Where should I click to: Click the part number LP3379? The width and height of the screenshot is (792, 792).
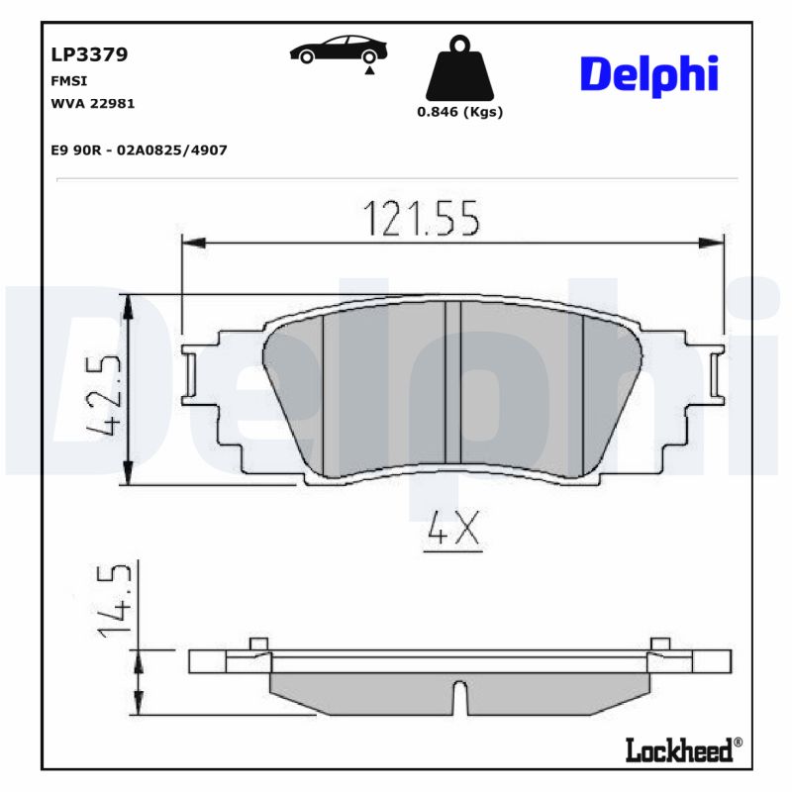(88, 54)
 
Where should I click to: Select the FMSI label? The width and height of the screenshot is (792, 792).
(67, 81)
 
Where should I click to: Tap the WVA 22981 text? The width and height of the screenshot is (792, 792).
(92, 103)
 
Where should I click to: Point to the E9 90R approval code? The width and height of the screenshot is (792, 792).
(139, 149)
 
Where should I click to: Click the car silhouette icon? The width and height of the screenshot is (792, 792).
(338, 49)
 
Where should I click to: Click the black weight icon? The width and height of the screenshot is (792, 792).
(458, 68)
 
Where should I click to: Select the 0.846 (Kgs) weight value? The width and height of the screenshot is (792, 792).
(459, 112)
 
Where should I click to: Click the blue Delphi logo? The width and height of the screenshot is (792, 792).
(647, 75)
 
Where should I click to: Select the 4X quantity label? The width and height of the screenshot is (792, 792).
(451, 533)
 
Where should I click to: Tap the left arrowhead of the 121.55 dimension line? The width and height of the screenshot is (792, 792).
(192, 242)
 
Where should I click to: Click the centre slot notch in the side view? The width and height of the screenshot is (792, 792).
(458, 696)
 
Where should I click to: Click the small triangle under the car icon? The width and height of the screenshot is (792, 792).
(368, 71)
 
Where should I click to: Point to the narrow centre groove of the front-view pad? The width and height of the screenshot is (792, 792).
(453, 382)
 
